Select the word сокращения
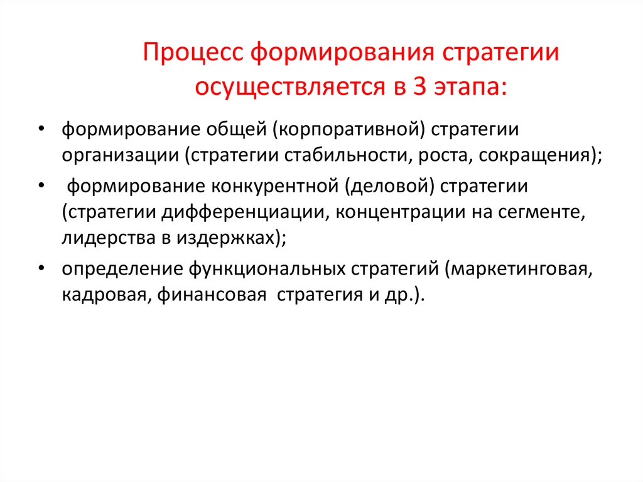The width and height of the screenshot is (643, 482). [x=536, y=156]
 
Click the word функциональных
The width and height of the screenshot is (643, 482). [x=264, y=269]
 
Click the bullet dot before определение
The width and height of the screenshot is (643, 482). [x=41, y=268]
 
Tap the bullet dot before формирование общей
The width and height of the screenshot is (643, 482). [x=41, y=129]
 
